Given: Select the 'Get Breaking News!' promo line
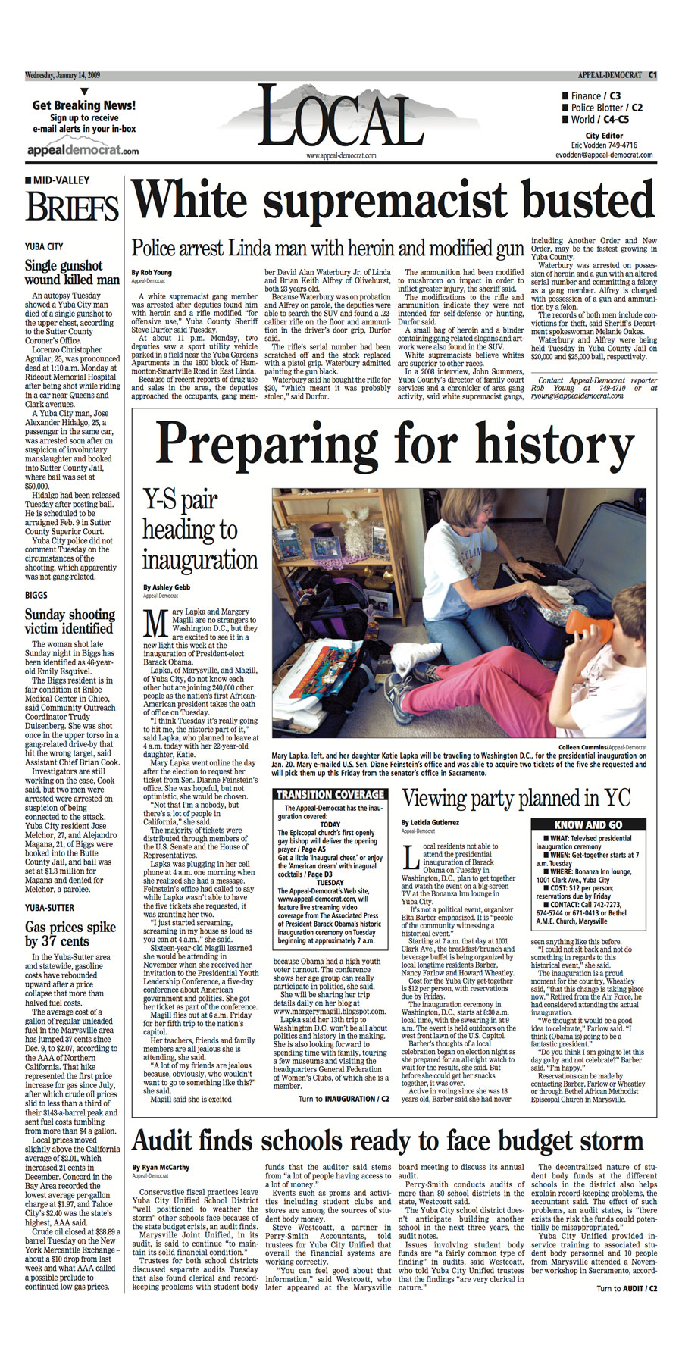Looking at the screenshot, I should (84, 105).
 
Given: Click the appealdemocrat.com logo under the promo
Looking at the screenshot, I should (83, 149).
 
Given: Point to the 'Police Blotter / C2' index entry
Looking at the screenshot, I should (602, 108).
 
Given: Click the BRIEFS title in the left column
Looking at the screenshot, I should (72, 207).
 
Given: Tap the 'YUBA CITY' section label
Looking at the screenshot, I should (44, 246).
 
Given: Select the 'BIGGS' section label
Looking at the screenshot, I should (36, 596).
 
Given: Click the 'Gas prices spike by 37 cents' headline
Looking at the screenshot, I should (70, 934).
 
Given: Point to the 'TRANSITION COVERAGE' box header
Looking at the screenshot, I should (330, 795).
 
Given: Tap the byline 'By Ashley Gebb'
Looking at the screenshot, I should (167, 587).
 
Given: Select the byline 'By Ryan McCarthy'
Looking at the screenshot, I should (161, 1168).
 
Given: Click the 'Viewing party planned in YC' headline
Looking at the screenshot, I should (516, 798).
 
